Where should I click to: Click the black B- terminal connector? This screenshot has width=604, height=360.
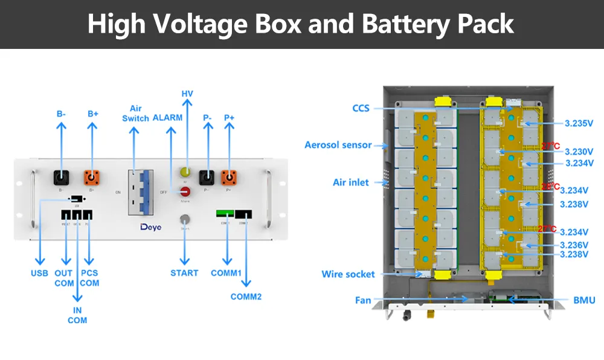coord(60,178)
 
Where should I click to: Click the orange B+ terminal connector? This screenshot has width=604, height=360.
coord(91,178)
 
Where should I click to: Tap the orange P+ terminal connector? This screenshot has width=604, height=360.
coord(229,178)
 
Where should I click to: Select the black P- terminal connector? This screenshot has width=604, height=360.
coord(207,178)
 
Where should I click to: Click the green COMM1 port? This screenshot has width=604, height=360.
coord(226,214)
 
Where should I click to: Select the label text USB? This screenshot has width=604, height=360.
coord(39,273)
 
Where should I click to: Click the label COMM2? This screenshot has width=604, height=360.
coord(246,297)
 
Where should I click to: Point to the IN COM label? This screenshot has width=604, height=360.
coord(77,315)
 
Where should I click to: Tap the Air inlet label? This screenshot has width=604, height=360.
coord(350,182)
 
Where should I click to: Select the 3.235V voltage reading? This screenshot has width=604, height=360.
coord(579,123)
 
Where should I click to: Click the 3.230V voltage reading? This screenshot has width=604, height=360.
coord(579,152)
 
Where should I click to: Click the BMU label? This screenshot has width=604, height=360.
coord(583,300)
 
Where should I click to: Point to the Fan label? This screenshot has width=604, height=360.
coord(363,300)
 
